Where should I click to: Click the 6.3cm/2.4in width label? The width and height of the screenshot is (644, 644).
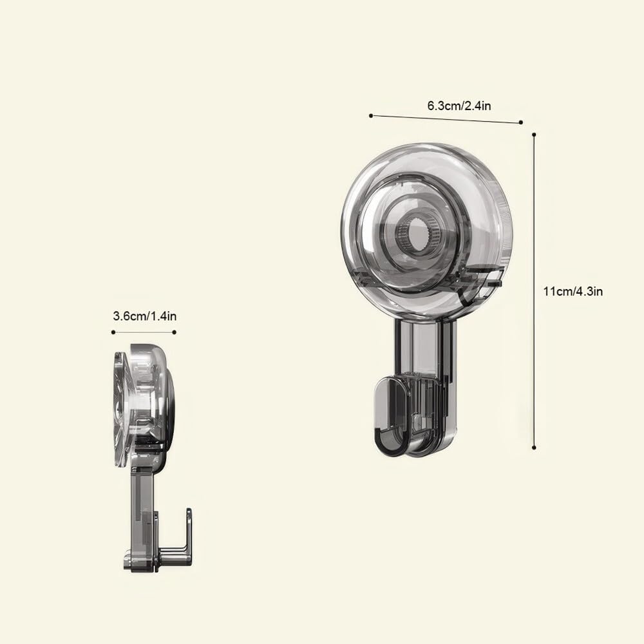tap(459, 106)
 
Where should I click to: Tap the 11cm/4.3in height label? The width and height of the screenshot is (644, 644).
tap(573, 291)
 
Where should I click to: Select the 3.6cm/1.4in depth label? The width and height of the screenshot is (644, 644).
tap(144, 316)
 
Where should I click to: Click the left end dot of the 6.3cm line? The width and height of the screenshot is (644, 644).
tap(371, 115)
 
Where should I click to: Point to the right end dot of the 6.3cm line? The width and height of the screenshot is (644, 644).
tap(520, 121)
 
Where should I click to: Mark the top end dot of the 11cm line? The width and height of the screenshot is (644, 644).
tap(534, 135)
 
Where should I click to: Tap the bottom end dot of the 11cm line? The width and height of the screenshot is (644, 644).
tap(534, 448)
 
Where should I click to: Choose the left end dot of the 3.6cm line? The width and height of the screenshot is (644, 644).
tap(113, 332)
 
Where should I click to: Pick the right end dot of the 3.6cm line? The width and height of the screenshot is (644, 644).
tap(175, 332)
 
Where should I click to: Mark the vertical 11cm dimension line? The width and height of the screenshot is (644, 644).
tap(534, 290)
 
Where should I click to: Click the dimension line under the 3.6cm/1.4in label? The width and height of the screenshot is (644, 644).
tap(144, 332)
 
